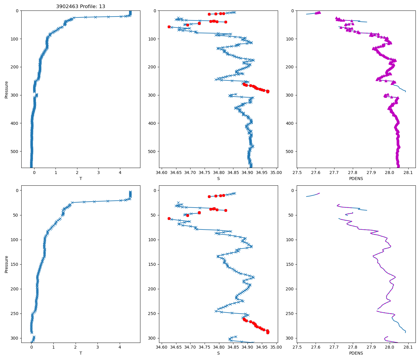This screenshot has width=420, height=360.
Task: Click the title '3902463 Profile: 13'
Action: pyautogui.click(x=80, y=6)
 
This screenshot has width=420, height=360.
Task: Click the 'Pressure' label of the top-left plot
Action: pyautogui.click(x=6, y=89)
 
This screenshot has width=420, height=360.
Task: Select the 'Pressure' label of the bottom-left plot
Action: pyautogui.click(x=6, y=264)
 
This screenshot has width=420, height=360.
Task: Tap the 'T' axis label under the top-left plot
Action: pyautogui.click(x=80, y=178)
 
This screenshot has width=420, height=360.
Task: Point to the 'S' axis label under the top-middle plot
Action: pyautogui.click(x=218, y=178)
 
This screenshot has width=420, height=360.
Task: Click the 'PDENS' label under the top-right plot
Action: pyautogui.click(x=356, y=178)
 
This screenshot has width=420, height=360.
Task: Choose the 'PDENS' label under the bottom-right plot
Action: pyautogui.click(x=356, y=353)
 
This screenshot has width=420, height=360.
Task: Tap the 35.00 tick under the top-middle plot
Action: pyautogui.click(x=276, y=172)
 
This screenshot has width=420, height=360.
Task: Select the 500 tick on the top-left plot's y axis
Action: pyautogui.click(x=14, y=151)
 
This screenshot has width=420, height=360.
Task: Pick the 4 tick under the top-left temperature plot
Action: pyautogui.click(x=120, y=172)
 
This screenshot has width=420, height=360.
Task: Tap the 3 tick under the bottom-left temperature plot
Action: pyautogui.click(x=97, y=347)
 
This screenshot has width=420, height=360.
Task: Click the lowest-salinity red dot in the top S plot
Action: pyautogui.click(x=169, y=27)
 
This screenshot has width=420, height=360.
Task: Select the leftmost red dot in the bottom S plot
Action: pyautogui.click(x=169, y=218)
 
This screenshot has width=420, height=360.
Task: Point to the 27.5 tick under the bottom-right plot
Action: pyautogui.click(x=297, y=347)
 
